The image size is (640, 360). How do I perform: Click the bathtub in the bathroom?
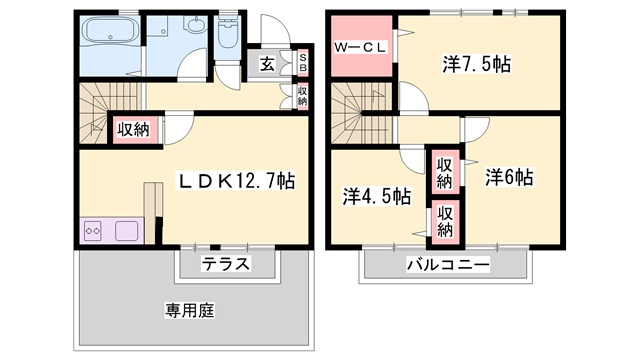110,31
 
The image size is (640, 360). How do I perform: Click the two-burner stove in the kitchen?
92,231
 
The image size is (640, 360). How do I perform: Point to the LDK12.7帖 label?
237,181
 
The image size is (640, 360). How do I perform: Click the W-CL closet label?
360,48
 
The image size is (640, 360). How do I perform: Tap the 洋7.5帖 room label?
477,64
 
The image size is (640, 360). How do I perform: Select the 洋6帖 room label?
509,178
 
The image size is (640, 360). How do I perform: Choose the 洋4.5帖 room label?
377,196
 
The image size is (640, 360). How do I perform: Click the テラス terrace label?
226,264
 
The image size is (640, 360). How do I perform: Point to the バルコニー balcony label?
448,265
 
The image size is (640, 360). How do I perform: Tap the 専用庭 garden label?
190,311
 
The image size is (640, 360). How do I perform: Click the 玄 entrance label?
267,64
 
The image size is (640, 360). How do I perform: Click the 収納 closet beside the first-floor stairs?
133,130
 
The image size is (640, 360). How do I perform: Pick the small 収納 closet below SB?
302,96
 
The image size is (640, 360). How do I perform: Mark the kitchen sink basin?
127,231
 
